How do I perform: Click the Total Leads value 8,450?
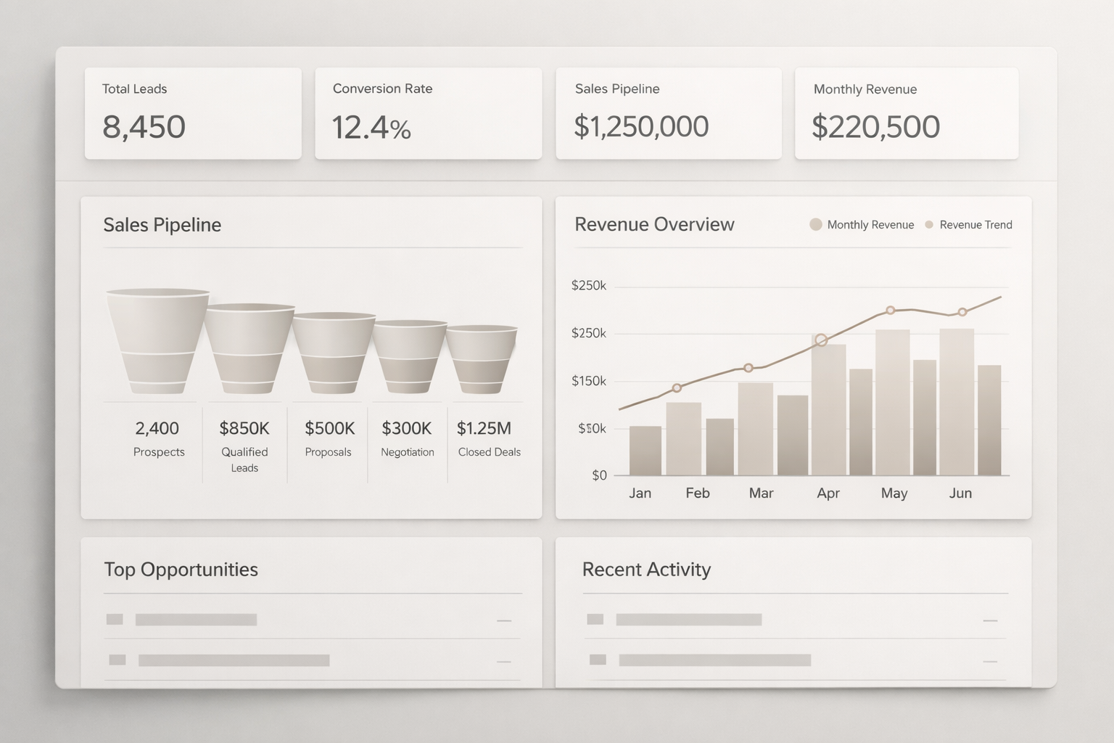(x=144, y=127)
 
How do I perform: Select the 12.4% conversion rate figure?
(x=371, y=128)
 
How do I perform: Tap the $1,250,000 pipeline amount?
(x=641, y=126)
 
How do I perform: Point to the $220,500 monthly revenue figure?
(x=875, y=127)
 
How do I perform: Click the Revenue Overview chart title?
(x=654, y=224)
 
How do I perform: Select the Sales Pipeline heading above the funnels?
(x=162, y=225)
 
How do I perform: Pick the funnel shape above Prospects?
(x=157, y=341)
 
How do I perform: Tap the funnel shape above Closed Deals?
(x=481, y=359)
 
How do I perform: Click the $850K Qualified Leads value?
(x=244, y=428)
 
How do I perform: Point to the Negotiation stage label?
(x=408, y=452)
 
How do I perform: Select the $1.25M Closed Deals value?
(x=484, y=428)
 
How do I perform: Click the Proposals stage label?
(x=328, y=452)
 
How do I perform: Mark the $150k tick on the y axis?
(x=589, y=381)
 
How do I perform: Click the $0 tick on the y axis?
(x=599, y=476)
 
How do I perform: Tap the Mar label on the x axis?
(x=761, y=493)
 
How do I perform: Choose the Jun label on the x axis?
(x=960, y=493)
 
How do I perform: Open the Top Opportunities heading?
(x=181, y=570)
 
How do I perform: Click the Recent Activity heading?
(x=646, y=570)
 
